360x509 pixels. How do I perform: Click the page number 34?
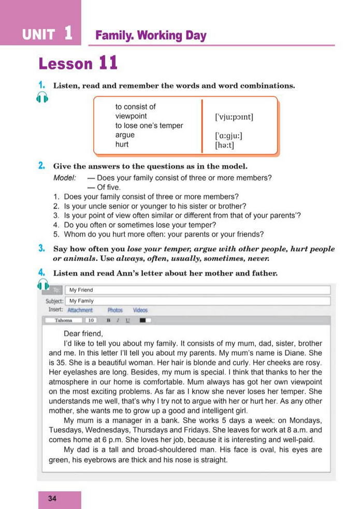tap(52, 499)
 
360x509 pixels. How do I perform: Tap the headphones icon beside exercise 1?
tap(42, 97)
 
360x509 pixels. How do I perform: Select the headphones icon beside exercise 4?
tap(43, 284)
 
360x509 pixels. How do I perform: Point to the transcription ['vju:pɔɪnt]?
tap(234, 117)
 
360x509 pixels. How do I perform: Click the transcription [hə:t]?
tap(224, 146)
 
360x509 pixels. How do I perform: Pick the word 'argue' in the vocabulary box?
tap(125, 135)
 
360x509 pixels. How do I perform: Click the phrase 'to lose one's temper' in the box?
tap(149, 126)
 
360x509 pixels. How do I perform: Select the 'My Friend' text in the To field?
tap(81, 290)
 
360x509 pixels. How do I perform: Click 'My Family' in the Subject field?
tap(82, 301)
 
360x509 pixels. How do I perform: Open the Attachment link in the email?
tap(80, 310)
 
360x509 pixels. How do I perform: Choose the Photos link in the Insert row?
tap(115, 310)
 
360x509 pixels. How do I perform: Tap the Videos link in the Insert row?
tap(140, 310)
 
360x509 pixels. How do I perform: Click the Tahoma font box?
tap(63, 321)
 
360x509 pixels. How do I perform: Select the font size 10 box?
tap(91, 321)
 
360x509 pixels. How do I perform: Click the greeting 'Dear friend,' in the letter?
tap(83, 334)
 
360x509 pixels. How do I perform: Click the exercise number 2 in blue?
tap(41, 166)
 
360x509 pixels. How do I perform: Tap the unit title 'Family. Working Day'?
tap(151, 36)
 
